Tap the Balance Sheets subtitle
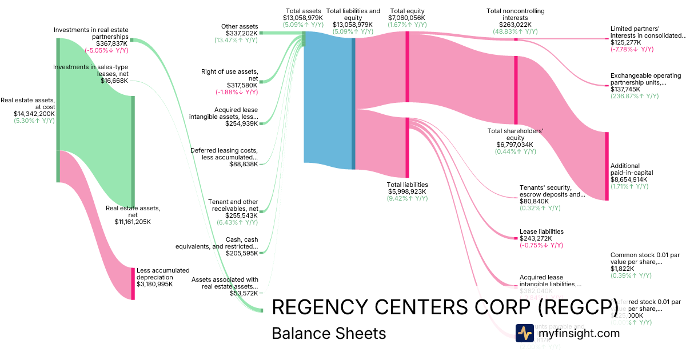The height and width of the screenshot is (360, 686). tap(329, 333)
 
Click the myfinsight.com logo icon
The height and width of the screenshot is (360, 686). tap(524, 333)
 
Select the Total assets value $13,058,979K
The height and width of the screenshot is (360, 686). tap(303, 18)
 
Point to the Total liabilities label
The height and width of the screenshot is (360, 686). tap(408, 185)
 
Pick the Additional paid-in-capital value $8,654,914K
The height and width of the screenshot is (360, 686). tap(629, 179)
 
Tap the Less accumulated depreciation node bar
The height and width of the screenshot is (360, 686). tap(133, 283)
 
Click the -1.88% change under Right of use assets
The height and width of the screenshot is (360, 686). tap(237, 92)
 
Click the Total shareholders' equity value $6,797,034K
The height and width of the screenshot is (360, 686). tap(514, 145)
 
